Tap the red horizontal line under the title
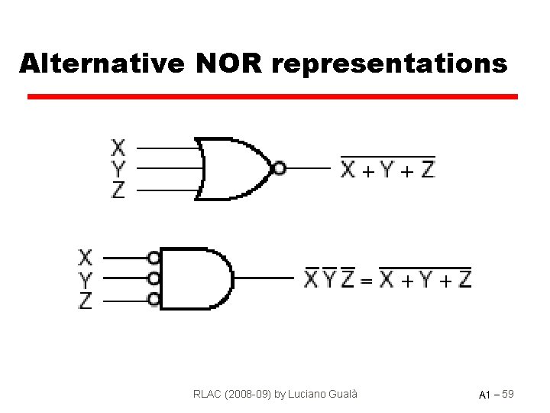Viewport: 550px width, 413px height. click(x=272, y=97)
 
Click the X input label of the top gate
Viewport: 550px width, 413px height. click(x=118, y=146)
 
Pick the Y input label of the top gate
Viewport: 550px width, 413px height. click(x=118, y=167)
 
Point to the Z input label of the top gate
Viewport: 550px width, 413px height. click(x=118, y=190)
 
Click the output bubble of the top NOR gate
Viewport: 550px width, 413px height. click(x=279, y=168)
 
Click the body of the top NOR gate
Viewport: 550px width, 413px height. click(x=233, y=167)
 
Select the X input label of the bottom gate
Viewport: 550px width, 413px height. click(x=86, y=257)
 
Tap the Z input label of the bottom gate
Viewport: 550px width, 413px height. click(x=86, y=301)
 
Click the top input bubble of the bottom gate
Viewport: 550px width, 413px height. click(x=154, y=258)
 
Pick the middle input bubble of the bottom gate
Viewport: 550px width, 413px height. click(x=154, y=278)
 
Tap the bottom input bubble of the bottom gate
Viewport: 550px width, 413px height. click(x=154, y=299)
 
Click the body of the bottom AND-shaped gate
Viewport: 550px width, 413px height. click(x=195, y=278)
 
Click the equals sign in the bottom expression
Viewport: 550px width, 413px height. click(x=367, y=281)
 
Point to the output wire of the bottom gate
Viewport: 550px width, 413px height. click(x=264, y=278)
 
